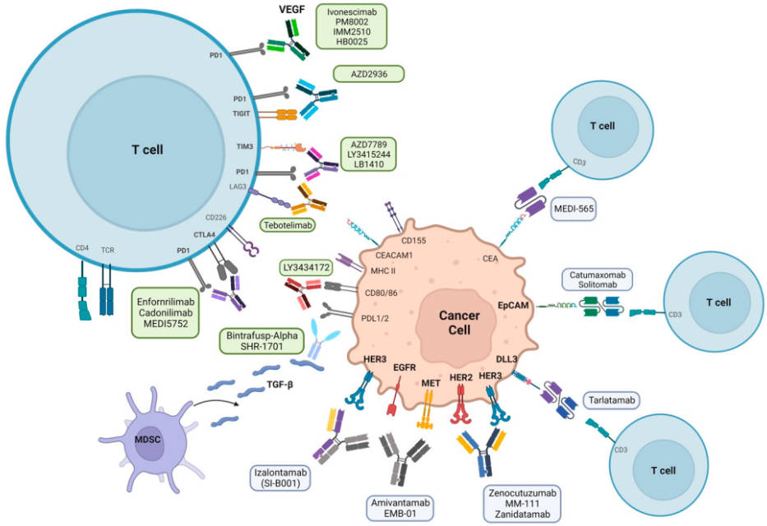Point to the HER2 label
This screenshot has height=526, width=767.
(x=461, y=377)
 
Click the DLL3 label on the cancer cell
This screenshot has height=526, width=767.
(x=506, y=358)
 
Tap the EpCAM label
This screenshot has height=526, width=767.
(x=512, y=304)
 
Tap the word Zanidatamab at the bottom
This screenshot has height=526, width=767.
(x=522, y=514)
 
